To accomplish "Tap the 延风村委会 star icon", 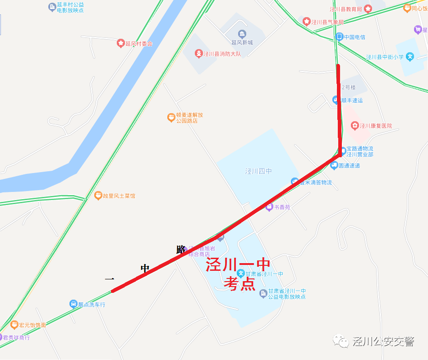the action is [120, 43].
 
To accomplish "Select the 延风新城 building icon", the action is [242, 34].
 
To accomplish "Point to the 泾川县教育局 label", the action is [345, 9].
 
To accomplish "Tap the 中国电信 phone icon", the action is [339, 36].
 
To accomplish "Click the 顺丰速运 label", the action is [352, 100].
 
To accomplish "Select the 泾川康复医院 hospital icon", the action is [355, 125].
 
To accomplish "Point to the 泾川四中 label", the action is [258, 171].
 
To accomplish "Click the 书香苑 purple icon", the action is [269, 207].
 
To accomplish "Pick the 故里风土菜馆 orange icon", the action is [98, 196].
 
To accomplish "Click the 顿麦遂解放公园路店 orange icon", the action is [171, 118].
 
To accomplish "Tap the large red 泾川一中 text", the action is [238, 265].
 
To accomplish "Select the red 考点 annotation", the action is [240, 284].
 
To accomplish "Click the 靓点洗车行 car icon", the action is [73, 304].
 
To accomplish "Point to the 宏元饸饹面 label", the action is [33, 325].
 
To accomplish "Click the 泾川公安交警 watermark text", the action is [383, 342].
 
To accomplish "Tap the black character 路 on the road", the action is [181, 249].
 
